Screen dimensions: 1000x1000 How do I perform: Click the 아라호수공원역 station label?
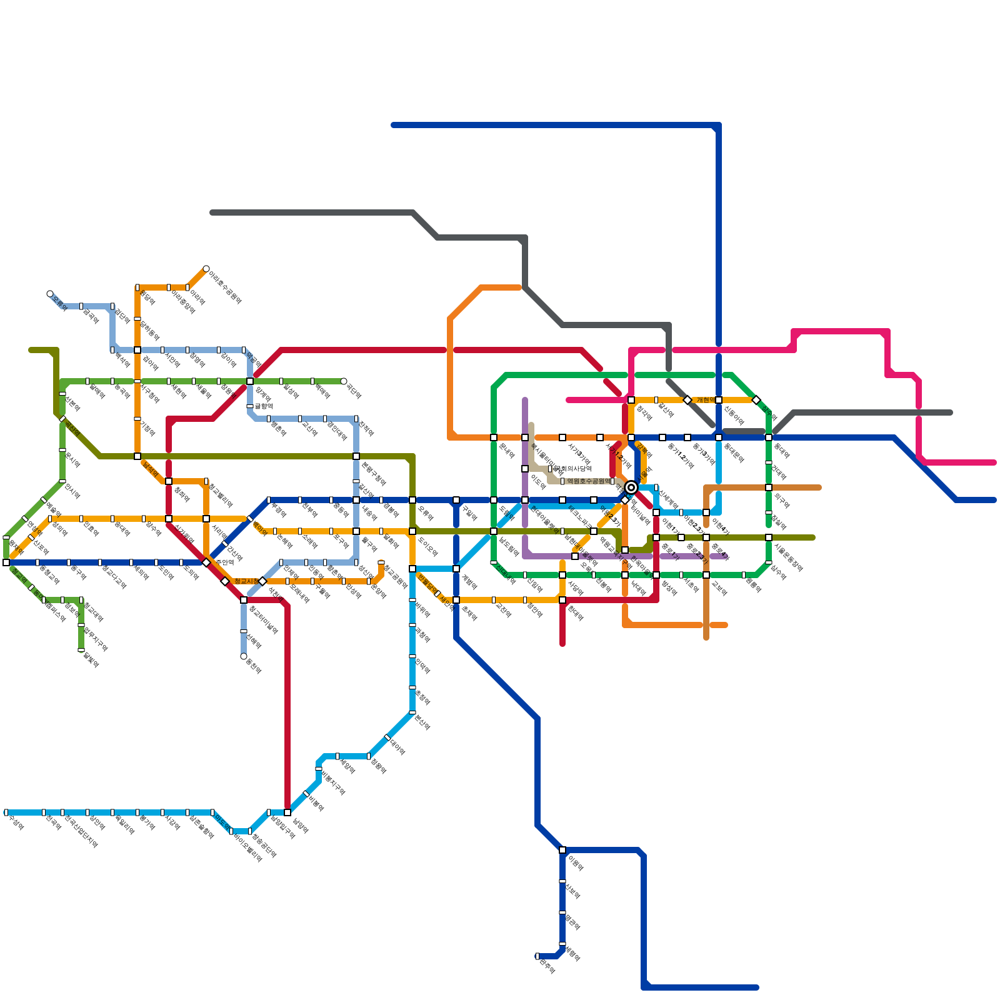(x=225, y=287)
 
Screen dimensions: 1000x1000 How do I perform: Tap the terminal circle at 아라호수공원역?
(x=206, y=269)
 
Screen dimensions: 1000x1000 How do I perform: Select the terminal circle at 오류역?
(x=50, y=294)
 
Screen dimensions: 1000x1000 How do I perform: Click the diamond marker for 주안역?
(x=206, y=562)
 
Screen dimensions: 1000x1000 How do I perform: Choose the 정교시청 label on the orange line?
(x=246, y=581)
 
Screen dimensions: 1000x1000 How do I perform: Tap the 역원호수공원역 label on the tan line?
(x=588, y=481)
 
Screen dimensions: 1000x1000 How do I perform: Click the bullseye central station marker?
(x=631, y=487)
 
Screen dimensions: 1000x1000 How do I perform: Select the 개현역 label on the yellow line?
(x=706, y=400)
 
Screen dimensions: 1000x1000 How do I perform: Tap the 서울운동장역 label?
(x=787, y=557)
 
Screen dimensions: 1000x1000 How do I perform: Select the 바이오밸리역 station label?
(x=247, y=847)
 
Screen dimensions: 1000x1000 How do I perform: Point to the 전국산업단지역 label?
(x=81, y=831)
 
